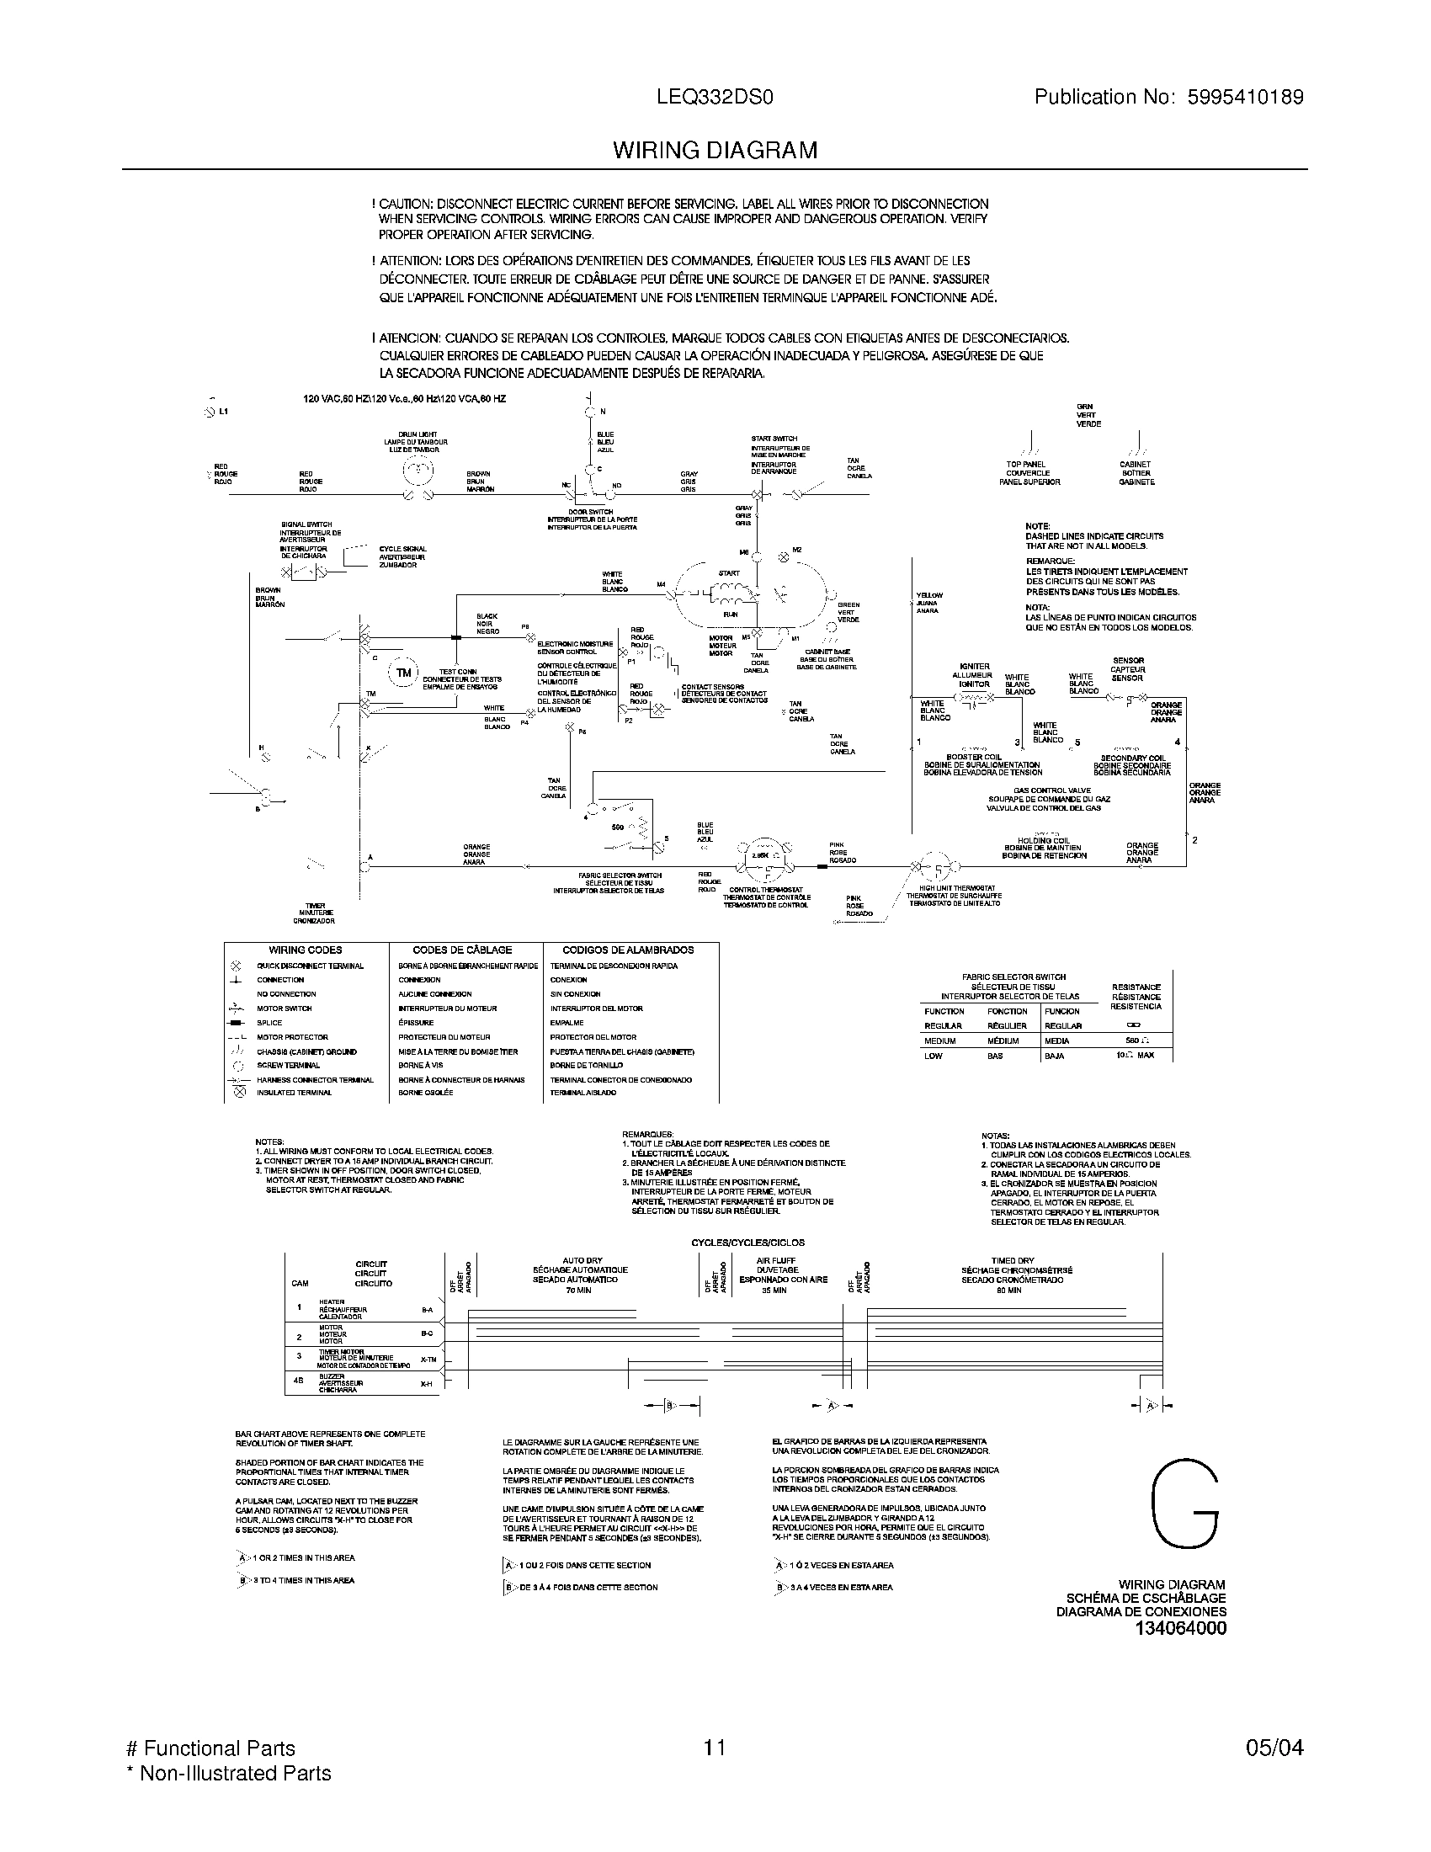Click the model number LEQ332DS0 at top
click(x=715, y=98)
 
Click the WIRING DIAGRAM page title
click(x=715, y=151)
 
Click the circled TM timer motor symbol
click(x=403, y=673)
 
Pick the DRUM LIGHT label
click(x=417, y=434)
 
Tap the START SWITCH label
click(x=774, y=439)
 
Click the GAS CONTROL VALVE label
click(x=1050, y=790)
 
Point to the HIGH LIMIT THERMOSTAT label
click(x=950, y=888)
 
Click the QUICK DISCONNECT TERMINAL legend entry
click(x=311, y=966)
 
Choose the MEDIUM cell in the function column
click(x=939, y=1040)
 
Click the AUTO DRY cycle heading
click(x=581, y=1261)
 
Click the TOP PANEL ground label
click(x=1026, y=465)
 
